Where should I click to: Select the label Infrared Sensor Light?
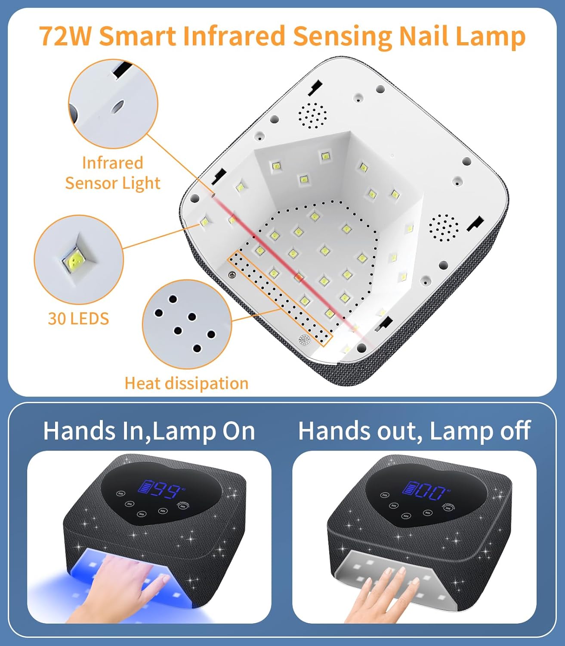click(x=112, y=173)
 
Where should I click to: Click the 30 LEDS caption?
click(x=78, y=319)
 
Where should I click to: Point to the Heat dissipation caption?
click(x=186, y=383)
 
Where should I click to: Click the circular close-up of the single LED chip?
click(x=78, y=259)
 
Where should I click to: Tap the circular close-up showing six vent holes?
click(x=186, y=324)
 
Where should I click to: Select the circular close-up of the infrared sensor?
click(x=113, y=104)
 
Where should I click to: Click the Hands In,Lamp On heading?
click(x=149, y=431)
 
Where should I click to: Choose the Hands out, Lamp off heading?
click(x=414, y=431)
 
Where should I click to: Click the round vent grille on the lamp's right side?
click(x=444, y=227)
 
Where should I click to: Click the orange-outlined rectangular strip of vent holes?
click(x=280, y=298)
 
